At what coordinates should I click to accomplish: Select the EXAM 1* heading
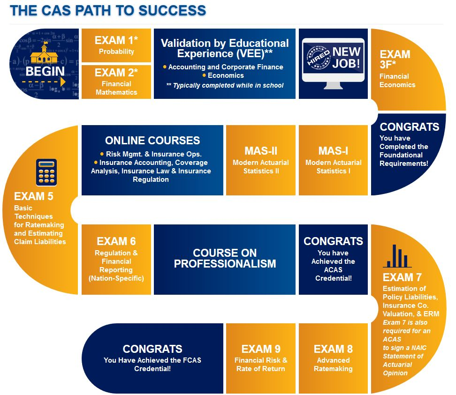coord(116,40)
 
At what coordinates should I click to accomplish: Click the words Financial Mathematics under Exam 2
coord(116,88)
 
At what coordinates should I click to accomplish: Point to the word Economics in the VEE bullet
coord(225,75)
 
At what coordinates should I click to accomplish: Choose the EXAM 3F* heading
coord(395,59)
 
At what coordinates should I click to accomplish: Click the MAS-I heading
coord(334,151)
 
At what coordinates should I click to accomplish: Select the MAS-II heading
coord(261,151)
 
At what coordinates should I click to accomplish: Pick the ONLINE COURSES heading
coord(152,141)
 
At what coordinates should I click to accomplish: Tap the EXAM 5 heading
coord(33,196)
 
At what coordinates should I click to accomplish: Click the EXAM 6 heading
coord(116,241)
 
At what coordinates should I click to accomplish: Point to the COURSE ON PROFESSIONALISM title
coord(225,258)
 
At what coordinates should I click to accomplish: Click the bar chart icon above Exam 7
coord(397,256)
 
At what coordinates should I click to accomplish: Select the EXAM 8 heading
coord(333,349)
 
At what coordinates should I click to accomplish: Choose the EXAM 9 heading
coord(261,349)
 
